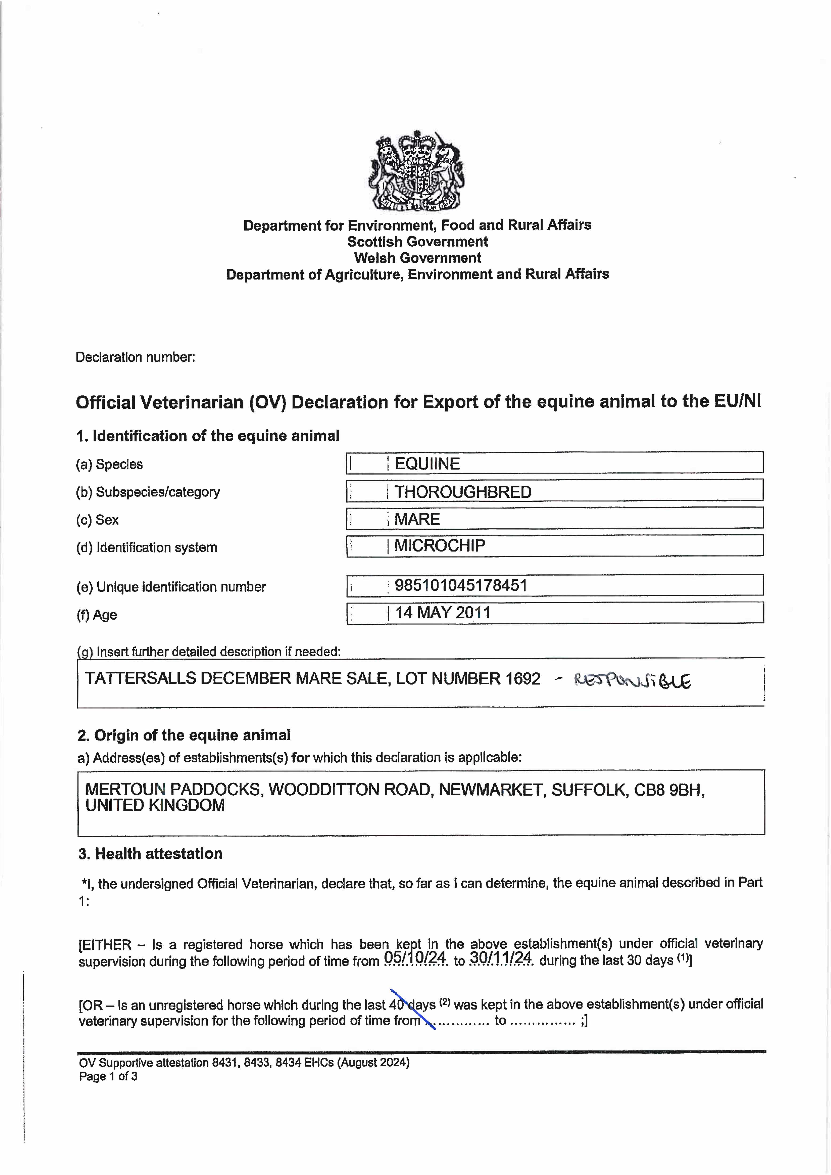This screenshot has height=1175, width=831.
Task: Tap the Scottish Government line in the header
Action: [x=417, y=242]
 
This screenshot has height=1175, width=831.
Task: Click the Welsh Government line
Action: [x=417, y=258]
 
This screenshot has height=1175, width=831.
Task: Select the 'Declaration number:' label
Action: [x=135, y=357]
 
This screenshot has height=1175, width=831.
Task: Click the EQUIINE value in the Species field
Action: [x=427, y=464]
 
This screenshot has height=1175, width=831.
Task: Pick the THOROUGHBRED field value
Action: [x=463, y=492]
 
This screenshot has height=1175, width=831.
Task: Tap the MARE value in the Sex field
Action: [x=417, y=519]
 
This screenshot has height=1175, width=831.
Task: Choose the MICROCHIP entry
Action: [x=439, y=545]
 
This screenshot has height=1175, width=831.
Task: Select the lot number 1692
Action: [x=523, y=679]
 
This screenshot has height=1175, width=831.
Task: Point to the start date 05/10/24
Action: [x=415, y=957]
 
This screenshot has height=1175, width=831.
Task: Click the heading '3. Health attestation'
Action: [x=150, y=854]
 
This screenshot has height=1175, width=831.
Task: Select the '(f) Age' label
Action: [x=97, y=615]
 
